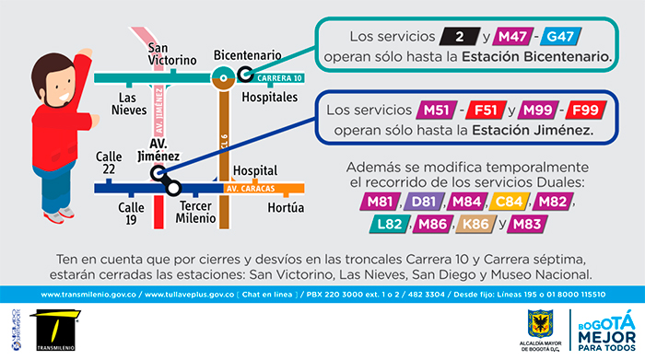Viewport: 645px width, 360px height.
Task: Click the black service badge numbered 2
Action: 458,38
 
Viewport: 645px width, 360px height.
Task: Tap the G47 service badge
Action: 564,38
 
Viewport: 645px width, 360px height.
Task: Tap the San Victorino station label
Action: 172,54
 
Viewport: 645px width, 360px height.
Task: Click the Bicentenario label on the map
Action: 247,54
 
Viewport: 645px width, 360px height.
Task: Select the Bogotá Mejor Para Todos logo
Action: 604,330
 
